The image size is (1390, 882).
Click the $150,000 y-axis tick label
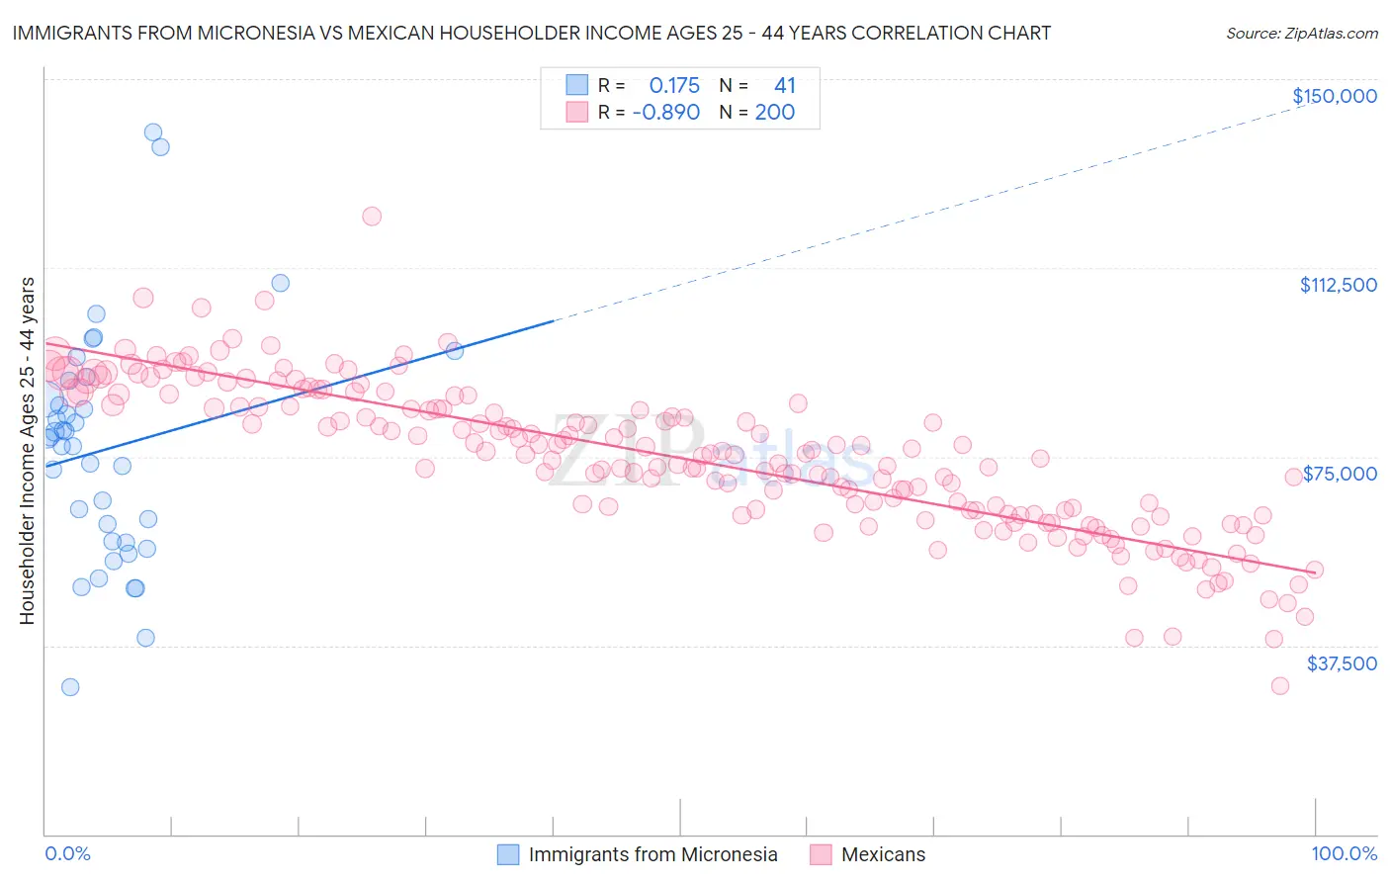tap(1334, 96)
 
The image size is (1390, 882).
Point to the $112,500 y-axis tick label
tap(1338, 285)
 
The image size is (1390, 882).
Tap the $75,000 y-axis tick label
tap(1340, 474)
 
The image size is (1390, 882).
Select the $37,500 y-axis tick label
tap(1342, 663)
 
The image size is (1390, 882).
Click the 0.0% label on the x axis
tap(67, 854)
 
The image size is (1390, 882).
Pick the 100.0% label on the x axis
tap(1344, 854)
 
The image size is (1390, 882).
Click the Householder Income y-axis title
tap(28, 451)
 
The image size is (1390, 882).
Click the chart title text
tap(531, 33)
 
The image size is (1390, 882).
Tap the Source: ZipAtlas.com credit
tap(1301, 33)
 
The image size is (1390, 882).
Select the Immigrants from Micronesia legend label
tap(652, 854)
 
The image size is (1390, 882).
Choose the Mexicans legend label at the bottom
tap(883, 854)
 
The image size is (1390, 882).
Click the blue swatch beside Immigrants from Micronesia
tap(508, 854)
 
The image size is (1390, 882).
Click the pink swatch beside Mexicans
tap(821, 854)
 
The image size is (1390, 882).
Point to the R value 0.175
tap(674, 86)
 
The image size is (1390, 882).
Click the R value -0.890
tap(666, 113)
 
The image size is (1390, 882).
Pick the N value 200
tap(774, 113)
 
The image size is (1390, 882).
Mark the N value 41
tap(784, 86)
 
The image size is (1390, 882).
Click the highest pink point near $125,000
tap(372, 216)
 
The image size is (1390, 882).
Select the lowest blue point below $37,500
tap(70, 687)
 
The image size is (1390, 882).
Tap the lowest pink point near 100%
tap(1280, 686)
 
